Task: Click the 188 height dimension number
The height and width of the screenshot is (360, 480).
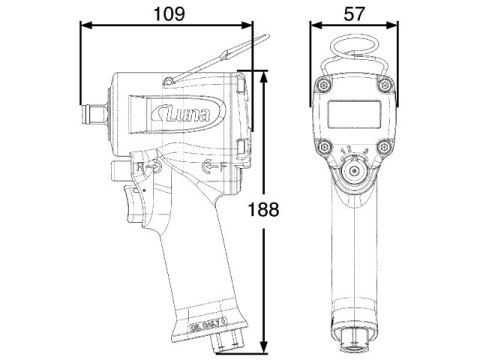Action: click(263, 210)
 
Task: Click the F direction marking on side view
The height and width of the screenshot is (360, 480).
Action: click(208, 166)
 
